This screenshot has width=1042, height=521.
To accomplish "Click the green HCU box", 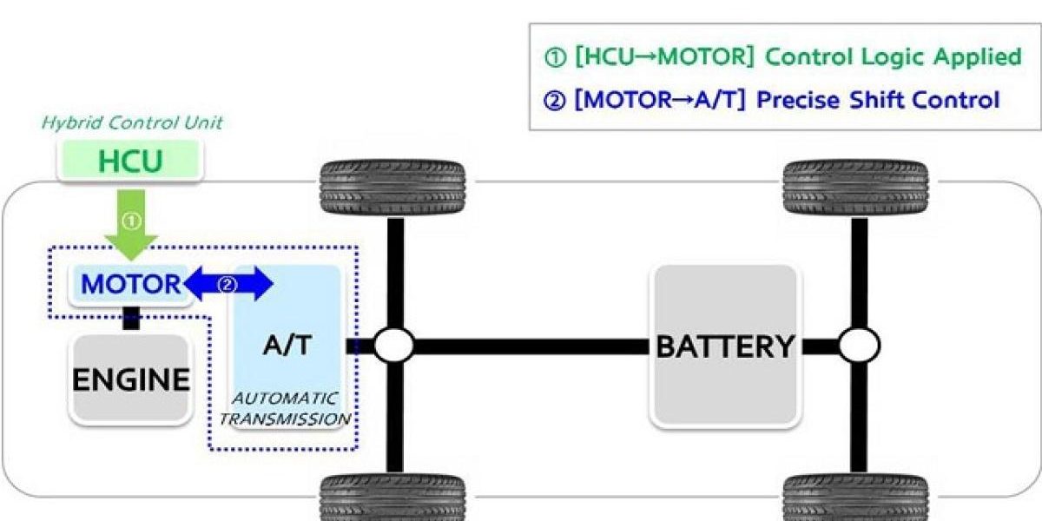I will click(129, 162).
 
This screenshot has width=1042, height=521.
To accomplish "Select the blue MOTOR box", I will click(129, 284).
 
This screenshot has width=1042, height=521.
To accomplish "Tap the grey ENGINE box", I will click(130, 379).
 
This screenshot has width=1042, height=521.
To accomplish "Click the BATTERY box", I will click(724, 346).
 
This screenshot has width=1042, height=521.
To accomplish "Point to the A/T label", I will click(286, 345).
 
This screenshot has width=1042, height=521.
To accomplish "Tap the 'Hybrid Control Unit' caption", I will click(132, 122).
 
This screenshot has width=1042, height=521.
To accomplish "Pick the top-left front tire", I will click(392, 188).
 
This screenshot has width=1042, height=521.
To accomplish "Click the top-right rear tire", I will click(855, 188).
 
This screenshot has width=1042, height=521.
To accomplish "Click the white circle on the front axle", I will click(393, 346).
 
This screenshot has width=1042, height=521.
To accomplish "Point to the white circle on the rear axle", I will click(859, 346).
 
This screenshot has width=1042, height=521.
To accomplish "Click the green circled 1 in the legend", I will click(554, 58).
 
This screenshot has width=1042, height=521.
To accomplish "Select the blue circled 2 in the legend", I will click(554, 100).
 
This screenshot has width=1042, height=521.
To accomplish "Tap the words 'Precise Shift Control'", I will click(878, 100).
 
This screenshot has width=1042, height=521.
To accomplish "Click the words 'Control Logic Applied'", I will click(894, 58).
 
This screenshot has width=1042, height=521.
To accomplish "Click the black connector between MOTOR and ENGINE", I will click(131, 318).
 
